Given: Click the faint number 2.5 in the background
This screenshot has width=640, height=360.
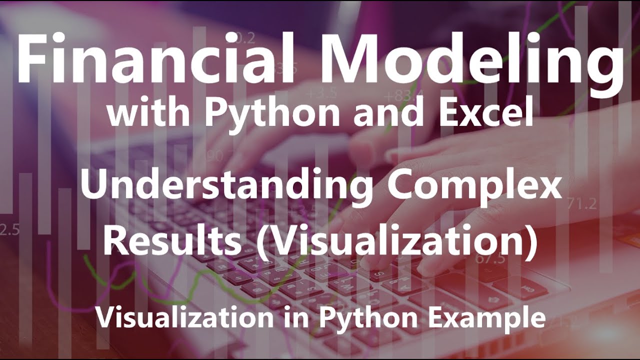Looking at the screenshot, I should click(x=9, y=229).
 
